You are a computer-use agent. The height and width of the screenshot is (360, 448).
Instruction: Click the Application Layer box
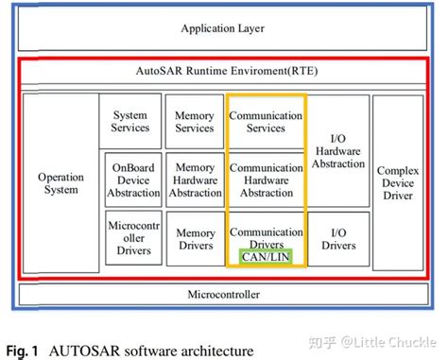(223, 29)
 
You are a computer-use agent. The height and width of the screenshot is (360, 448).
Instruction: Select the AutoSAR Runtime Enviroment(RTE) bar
(223, 71)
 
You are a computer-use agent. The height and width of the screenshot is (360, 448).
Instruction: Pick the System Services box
(129, 120)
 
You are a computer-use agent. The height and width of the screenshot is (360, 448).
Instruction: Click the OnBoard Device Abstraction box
(129, 178)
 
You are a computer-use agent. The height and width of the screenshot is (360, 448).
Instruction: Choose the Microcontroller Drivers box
(129, 238)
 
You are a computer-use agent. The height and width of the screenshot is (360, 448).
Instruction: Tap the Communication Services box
(266, 121)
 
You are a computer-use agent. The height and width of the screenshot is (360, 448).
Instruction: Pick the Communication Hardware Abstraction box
(266, 178)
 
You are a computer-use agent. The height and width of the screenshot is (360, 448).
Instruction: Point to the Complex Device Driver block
(397, 183)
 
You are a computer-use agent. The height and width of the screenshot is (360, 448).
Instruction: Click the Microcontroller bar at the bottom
(223, 296)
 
